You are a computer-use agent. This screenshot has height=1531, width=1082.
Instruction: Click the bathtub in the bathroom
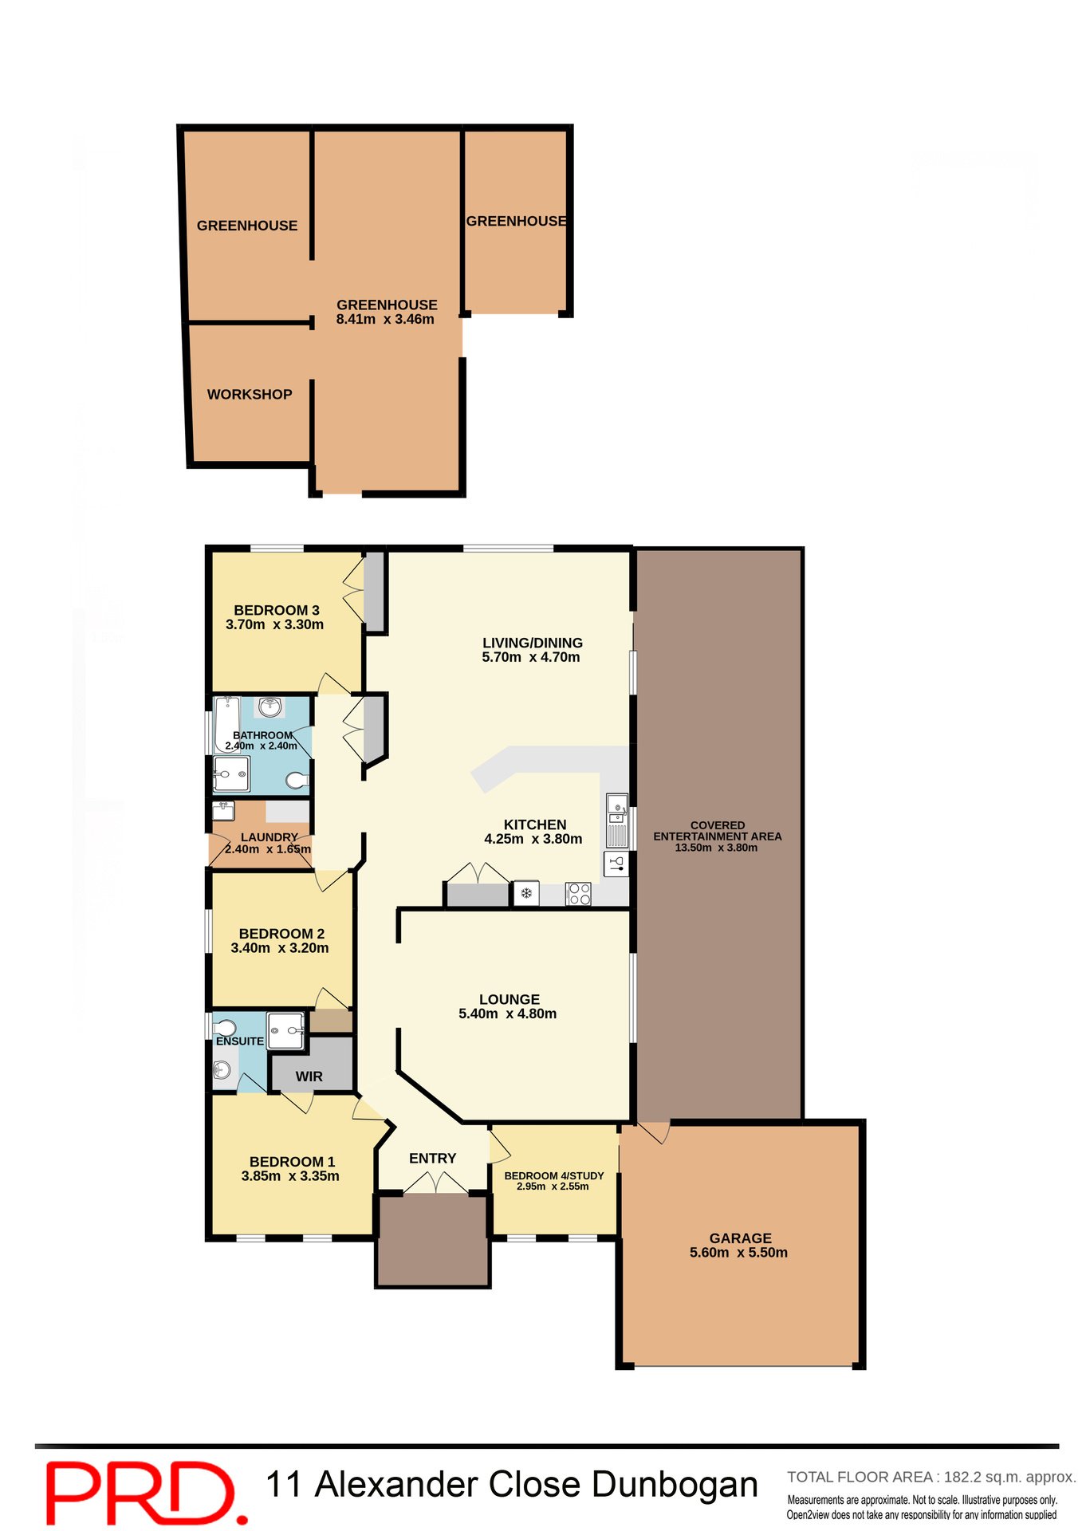(x=227, y=724)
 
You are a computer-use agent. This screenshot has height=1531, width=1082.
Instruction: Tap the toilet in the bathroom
(x=297, y=780)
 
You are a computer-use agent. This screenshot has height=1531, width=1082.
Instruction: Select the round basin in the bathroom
(x=271, y=706)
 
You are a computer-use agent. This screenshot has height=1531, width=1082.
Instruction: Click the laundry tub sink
(x=224, y=811)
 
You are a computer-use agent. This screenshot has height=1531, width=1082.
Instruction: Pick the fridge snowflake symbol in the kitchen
(x=526, y=893)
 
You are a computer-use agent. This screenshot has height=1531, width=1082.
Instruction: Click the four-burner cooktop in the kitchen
(x=579, y=894)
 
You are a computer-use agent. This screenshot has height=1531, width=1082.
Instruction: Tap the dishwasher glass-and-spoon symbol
(x=616, y=864)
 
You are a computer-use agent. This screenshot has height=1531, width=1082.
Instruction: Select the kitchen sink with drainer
(x=617, y=820)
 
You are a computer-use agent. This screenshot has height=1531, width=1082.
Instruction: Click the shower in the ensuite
(x=286, y=1031)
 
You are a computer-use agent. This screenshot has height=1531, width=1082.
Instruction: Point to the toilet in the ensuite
(x=225, y=1027)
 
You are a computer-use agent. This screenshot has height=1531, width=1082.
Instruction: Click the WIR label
(x=309, y=1076)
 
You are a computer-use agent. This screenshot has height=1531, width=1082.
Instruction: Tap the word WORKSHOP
(x=250, y=394)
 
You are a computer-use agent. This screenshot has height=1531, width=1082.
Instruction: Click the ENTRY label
(x=433, y=1158)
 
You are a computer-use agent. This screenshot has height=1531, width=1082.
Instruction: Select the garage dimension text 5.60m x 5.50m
(x=738, y=1253)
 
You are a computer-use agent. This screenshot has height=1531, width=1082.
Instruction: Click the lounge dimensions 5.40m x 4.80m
(x=508, y=1013)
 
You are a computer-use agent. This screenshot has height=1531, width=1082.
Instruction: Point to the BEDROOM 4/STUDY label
(x=554, y=1175)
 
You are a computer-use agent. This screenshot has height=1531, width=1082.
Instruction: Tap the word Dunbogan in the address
(x=675, y=1485)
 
